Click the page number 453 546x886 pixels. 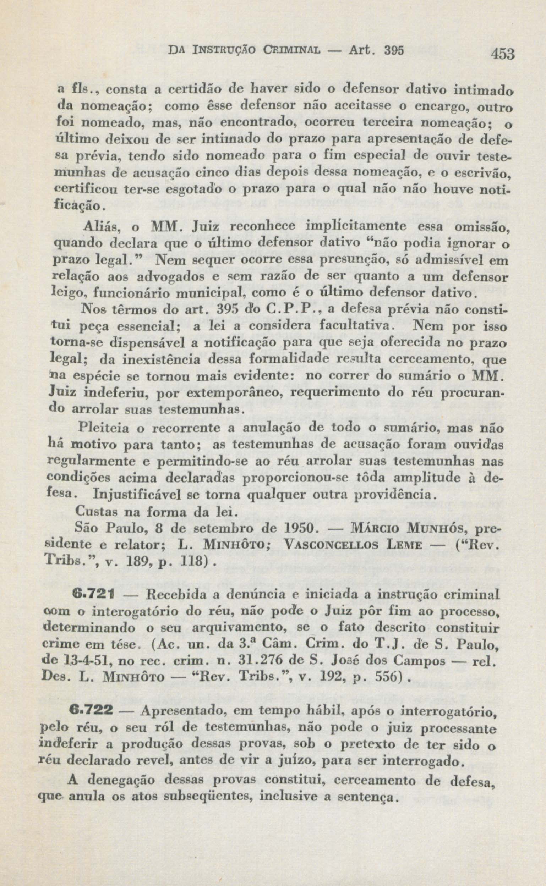pyautogui.click(x=502, y=54)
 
